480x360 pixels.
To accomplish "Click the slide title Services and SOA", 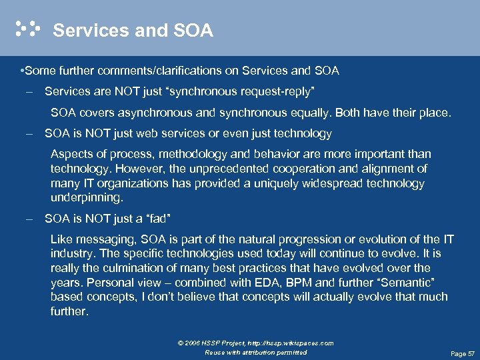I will tap(133, 30).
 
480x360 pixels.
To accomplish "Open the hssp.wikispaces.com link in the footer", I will tap(293, 343).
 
